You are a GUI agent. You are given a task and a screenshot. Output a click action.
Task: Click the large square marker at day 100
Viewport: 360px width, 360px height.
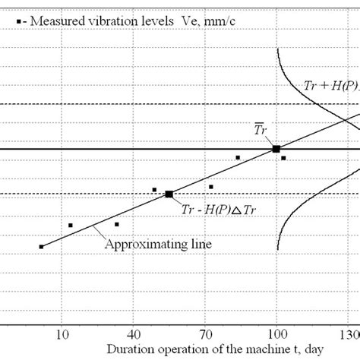(x=276, y=149)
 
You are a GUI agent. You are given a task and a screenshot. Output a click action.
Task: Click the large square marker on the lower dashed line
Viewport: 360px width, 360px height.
(x=169, y=194)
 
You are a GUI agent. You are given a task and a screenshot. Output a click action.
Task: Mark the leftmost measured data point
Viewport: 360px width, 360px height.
(x=41, y=247)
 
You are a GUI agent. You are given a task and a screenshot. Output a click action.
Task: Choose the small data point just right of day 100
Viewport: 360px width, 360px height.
(x=283, y=158)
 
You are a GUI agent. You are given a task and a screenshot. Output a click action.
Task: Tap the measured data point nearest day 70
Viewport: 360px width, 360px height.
(x=211, y=187)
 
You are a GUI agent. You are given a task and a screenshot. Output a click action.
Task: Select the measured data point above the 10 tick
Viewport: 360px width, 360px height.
(x=71, y=225)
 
